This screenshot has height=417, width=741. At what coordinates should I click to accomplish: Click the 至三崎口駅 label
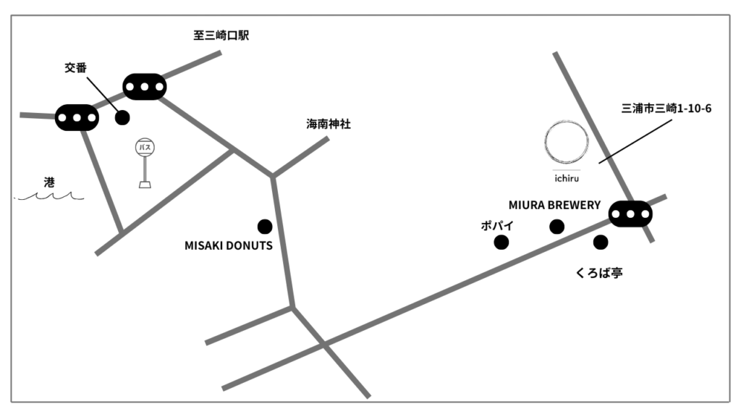[221, 35]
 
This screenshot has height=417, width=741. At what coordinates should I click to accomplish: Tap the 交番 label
[75, 67]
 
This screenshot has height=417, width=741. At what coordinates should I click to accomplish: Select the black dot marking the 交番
[122, 117]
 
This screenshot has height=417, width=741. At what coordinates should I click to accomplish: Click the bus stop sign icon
[145, 163]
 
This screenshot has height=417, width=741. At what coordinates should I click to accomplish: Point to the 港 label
[49, 182]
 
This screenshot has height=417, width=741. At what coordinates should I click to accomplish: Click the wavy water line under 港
[50, 195]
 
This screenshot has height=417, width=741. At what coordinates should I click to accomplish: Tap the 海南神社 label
[329, 124]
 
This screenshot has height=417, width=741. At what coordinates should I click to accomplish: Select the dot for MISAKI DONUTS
[265, 227]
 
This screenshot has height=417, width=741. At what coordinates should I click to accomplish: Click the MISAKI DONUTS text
[228, 246]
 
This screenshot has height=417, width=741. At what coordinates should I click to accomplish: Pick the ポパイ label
[497, 226]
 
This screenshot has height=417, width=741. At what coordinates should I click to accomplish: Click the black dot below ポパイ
[501, 243]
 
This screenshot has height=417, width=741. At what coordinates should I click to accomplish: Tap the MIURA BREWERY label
[554, 205]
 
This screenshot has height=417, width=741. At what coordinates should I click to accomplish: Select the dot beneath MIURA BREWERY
[556, 227]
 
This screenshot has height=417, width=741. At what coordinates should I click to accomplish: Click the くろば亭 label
[598, 273]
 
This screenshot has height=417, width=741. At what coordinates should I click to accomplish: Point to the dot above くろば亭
[601, 243]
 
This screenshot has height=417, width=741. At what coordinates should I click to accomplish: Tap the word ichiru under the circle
[567, 178]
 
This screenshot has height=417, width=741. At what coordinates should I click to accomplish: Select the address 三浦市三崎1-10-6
[666, 109]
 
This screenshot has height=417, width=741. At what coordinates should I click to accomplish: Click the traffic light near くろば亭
[630, 214]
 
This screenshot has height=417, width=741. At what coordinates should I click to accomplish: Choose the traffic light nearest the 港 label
[77, 118]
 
